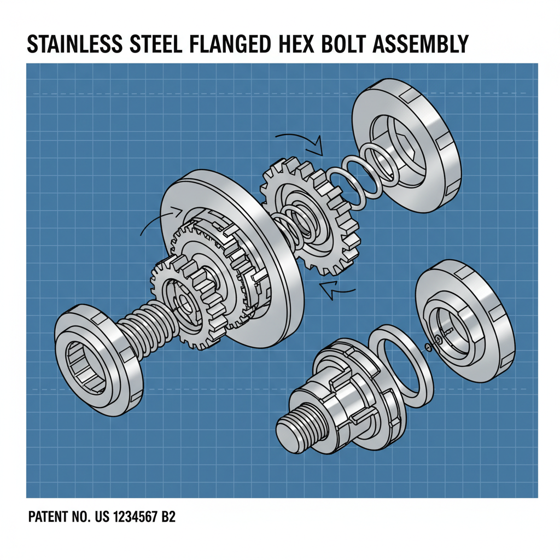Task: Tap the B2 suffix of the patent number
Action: (168, 517)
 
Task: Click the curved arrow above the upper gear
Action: (299, 139)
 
